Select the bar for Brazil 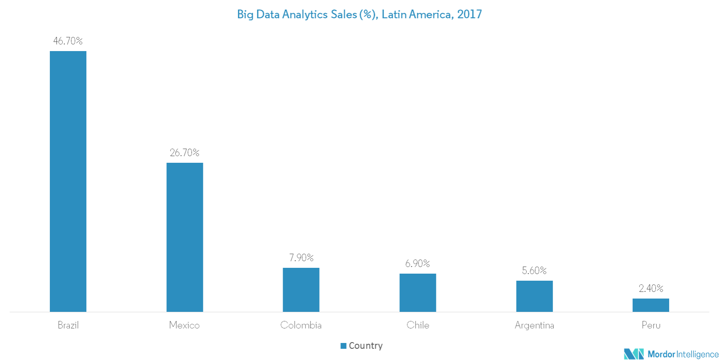coord(68,181)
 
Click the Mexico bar coord(185,237)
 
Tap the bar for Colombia coord(301,289)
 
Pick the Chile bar coord(418,292)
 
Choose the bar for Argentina coord(534,296)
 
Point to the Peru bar coord(651,305)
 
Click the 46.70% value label coord(68,41)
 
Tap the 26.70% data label coord(185,152)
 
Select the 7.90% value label coord(301,257)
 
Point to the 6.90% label coord(418,263)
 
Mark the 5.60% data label coord(534,270)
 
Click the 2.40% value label coord(651,288)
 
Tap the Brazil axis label coord(68,325)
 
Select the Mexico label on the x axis coord(185,325)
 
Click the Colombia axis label coord(301,325)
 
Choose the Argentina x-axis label coord(534,325)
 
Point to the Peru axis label coord(651,325)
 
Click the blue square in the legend coord(343,346)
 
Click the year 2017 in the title coord(470,15)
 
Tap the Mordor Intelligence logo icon coord(633,354)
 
